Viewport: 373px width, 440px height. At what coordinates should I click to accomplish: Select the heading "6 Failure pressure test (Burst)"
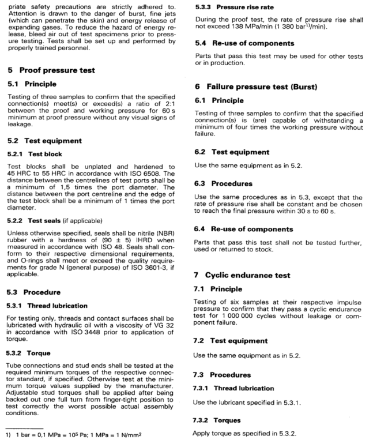[x=259, y=86]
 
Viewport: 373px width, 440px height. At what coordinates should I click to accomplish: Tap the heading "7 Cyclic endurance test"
[x=249, y=276]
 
